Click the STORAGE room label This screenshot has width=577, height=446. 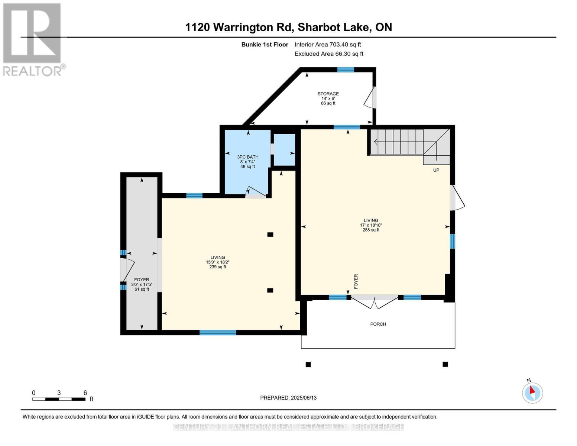[328, 94]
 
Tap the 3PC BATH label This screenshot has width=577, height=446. [248, 157]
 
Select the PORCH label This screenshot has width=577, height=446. [378, 324]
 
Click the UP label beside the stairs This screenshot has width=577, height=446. [436, 170]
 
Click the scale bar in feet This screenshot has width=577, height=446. [59, 399]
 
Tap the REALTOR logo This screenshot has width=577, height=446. [33, 39]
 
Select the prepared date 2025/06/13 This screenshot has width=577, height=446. [288, 398]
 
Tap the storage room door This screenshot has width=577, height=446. [370, 98]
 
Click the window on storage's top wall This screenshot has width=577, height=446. [346, 70]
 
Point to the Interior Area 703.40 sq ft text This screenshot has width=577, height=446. [328, 45]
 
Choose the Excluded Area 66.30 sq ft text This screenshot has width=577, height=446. [329, 54]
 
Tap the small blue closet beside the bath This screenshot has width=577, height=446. [284, 149]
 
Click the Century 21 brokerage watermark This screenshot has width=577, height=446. [288, 427]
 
